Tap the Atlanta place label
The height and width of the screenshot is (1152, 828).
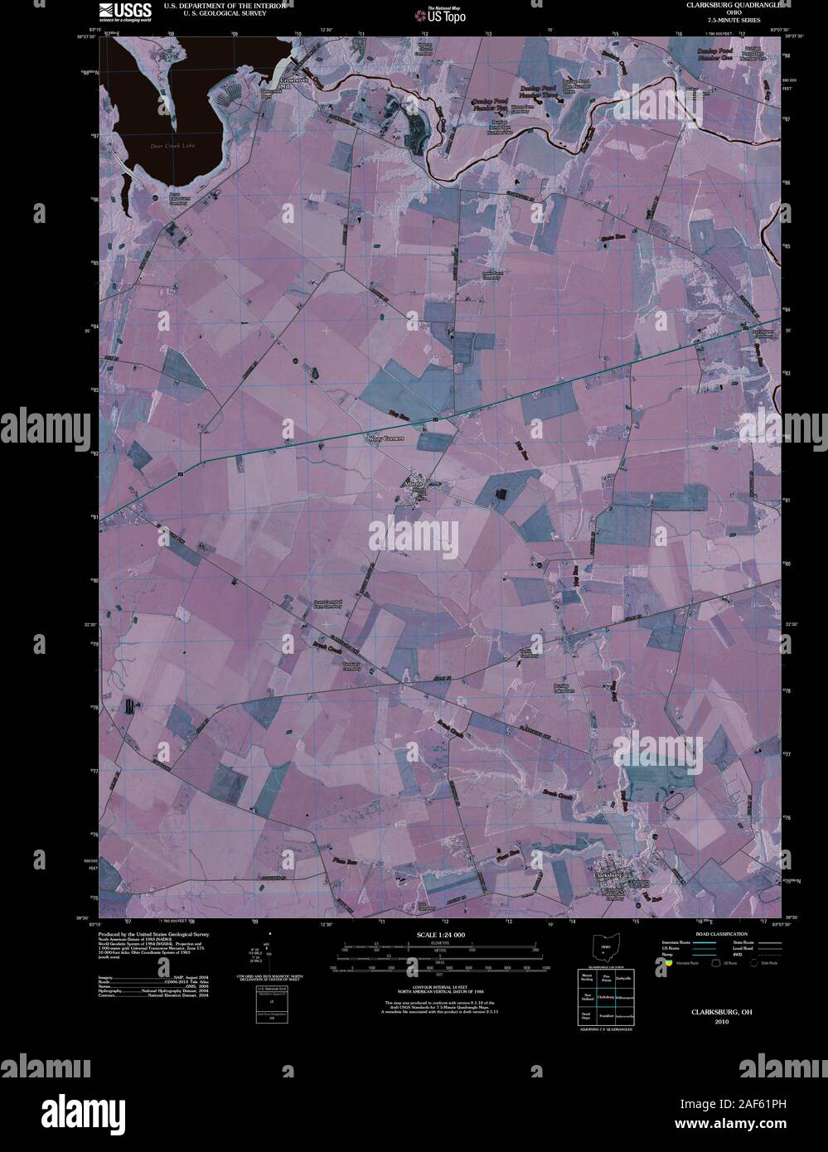click(x=412, y=482)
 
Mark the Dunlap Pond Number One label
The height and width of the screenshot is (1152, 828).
click(x=714, y=55)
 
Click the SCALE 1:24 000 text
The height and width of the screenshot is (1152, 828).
click(x=440, y=935)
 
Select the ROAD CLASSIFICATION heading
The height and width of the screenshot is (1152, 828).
click(x=708, y=934)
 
